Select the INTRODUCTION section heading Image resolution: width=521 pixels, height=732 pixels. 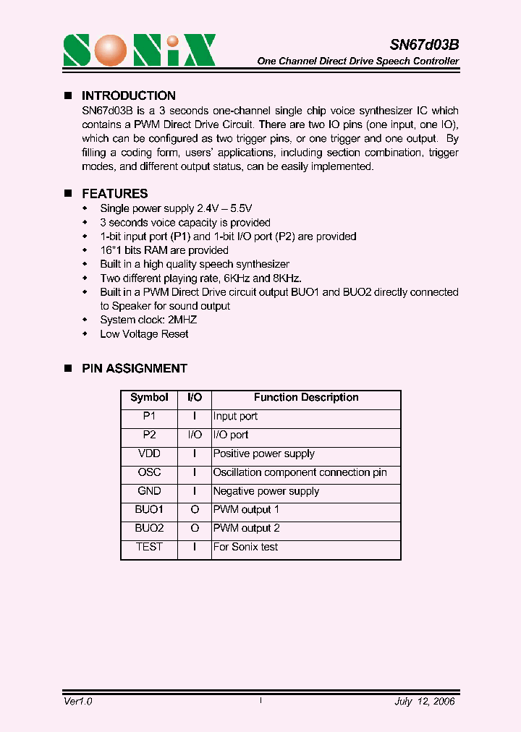(x=128, y=95)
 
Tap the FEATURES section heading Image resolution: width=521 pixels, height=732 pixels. (x=114, y=194)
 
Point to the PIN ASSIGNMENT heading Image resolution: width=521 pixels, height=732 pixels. (x=134, y=368)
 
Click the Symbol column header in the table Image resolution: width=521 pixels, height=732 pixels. (x=149, y=398)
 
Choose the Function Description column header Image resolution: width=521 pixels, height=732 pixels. (x=305, y=398)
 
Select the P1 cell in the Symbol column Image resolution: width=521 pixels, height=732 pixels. (x=149, y=417)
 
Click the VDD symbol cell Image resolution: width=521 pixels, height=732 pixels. (x=149, y=454)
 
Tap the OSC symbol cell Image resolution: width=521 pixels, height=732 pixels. (x=149, y=472)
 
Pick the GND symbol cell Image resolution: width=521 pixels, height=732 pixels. (x=149, y=491)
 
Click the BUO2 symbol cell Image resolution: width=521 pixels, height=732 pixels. (x=149, y=529)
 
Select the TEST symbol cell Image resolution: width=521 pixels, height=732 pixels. (x=149, y=548)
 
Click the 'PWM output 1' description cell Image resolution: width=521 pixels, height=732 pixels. (x=246, y=510)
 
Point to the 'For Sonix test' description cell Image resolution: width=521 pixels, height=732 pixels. (x=245, y=548)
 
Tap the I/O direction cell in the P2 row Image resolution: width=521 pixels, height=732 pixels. (x=195, y=435)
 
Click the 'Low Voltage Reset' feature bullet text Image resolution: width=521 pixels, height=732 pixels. (x=144, y=334)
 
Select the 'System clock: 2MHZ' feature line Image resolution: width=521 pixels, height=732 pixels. (x=148, y=320)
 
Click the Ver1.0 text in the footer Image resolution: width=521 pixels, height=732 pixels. (x=77, y=702)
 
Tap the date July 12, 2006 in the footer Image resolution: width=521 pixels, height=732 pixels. (x=425, y=702)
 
